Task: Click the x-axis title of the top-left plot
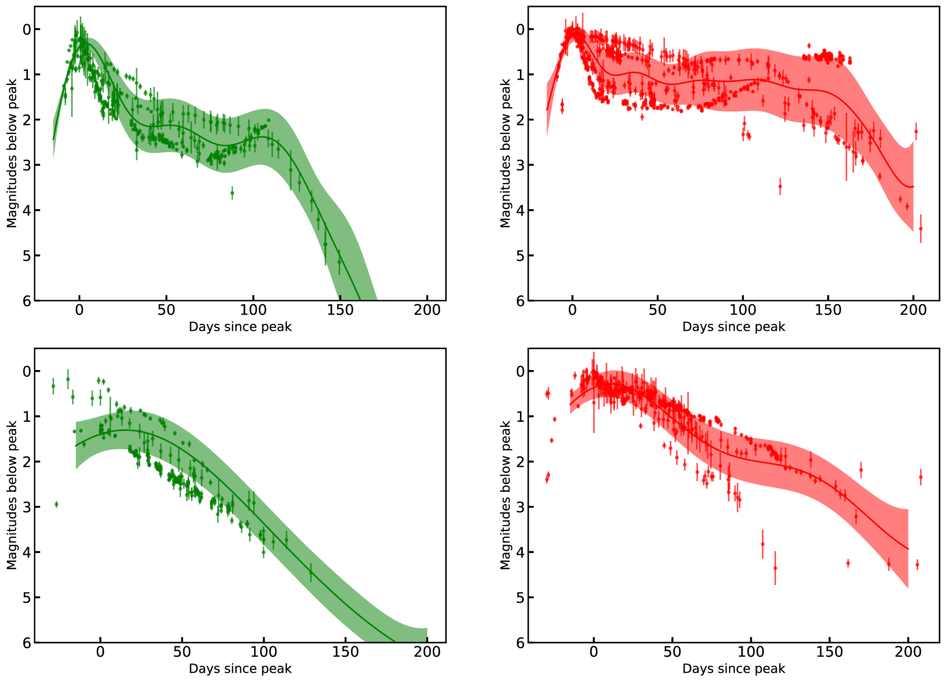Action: click(x=240, y=327)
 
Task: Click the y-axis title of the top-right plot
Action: click(x=505, y=153)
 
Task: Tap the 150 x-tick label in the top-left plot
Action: click(x=340, y=310)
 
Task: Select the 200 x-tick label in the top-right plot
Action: click(x=913, y=310)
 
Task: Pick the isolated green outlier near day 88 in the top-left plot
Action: click(x=232, y=193)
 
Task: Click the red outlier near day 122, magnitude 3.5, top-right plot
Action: click(x=780, y=186)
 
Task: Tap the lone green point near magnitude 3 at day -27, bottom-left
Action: click(x=57, y=504)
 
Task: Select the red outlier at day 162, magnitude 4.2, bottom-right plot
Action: click(x=848, y=563)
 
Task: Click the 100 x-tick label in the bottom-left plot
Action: click(x=264, y=652)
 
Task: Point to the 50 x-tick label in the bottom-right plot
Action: click(x=672, y=652)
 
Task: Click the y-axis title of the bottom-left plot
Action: click(x=12, y=495)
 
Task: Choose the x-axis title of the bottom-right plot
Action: click(x=733, y=669)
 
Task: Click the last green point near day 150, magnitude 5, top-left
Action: click(x=340, y=262)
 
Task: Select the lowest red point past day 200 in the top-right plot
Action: click(x=920, y=229)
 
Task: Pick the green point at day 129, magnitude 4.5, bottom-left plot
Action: click(x=311, y=572)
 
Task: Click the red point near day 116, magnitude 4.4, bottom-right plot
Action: click(x=775, y=568)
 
